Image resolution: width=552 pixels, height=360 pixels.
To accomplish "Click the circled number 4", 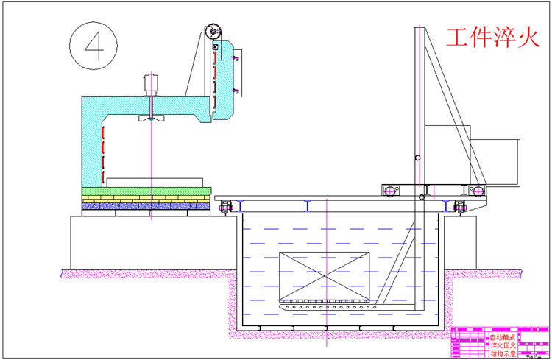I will pos(93,43).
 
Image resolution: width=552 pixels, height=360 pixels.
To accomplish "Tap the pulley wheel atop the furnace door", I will pos(213,31).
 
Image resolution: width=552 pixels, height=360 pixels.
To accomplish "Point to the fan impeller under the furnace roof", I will pos(151,118).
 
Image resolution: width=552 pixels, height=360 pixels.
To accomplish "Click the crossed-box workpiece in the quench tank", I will pos(325,275).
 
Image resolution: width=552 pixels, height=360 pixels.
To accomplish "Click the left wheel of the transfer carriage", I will pos(389,191).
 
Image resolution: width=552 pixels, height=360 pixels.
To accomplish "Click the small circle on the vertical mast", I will pos(417,158).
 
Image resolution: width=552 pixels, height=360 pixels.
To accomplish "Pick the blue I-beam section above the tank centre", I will pos(325,206).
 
